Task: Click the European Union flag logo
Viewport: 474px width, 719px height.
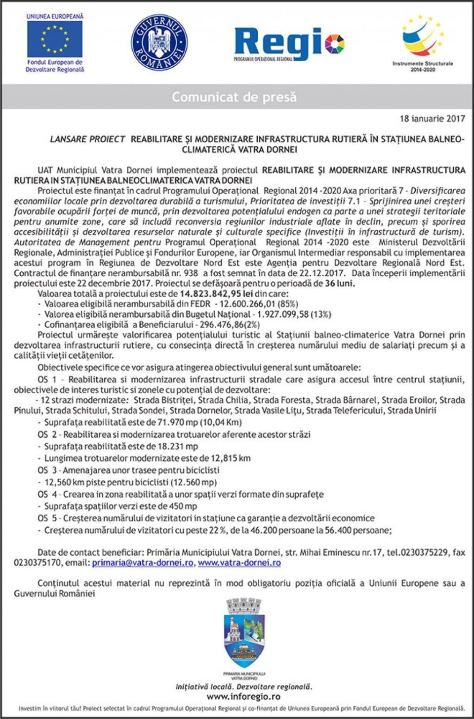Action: point(55,39)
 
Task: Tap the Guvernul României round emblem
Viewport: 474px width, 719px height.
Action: point(159,42)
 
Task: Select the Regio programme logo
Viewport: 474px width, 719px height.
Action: point(289,44)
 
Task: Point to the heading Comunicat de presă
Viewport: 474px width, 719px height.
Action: point(234,97)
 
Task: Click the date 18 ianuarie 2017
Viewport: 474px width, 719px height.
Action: point(432,119)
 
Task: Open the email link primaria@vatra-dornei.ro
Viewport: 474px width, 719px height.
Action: point(143,563)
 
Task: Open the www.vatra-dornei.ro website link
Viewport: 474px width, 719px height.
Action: point(239,563)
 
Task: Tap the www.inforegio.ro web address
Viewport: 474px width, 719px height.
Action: point(243,697)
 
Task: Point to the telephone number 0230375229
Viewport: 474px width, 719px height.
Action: point(424,552)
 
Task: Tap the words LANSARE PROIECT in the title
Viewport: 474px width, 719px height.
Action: point(87,139)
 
